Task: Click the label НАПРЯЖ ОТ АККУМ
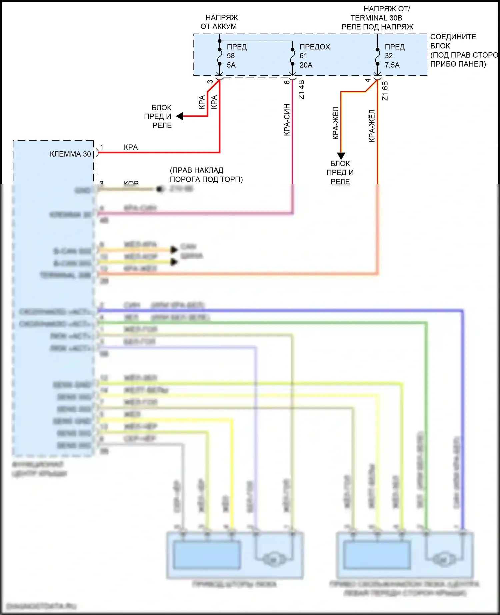click(219, 22)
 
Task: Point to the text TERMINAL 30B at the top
click(376, 18)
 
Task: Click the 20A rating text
click(306, 65)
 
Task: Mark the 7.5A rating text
click(392, 65)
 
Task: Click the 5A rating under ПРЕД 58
click(231, 65)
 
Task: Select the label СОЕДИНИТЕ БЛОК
click(453, 41)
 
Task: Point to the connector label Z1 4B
click(301, 90)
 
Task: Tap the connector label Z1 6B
click(385, 91)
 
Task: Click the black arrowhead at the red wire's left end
click(180, 116)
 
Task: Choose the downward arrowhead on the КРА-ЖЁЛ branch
click(341, 156)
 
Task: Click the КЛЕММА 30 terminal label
click(70, 154)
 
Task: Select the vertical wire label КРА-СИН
click(287, 120)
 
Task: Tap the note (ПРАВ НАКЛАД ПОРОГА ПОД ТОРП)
click(206, 175)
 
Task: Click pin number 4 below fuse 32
click(368, 80)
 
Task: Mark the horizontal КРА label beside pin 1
click(131, 147)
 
